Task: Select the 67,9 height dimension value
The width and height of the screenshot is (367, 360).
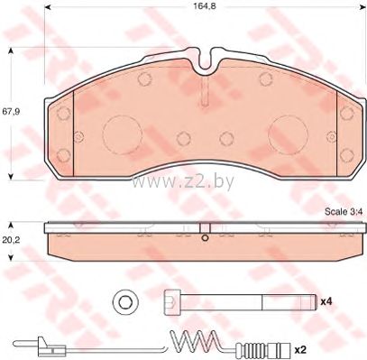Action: click(x=11, y=112)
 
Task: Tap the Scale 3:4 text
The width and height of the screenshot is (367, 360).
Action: click(x=344, y=212)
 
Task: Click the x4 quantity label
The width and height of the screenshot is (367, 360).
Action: click(x=326, y=301)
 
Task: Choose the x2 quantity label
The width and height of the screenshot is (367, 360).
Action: click(x=300, y=350)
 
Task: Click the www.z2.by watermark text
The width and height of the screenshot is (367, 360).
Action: click(x=182, y=182)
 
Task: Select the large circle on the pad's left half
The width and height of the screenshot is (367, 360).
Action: click(x=122, y=135)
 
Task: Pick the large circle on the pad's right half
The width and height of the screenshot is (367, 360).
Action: click(x=288, y=135)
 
